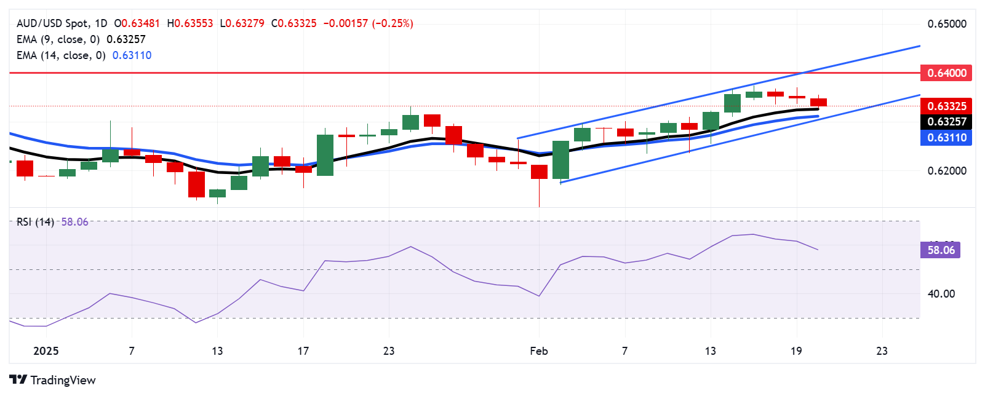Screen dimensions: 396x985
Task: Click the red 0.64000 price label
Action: [946, 73]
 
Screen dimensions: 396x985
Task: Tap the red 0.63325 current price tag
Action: [946, 106]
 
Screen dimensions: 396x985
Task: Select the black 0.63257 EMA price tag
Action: [946, 122]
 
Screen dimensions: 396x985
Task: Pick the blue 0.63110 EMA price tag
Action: [946, 138]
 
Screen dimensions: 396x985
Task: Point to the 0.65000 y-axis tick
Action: [947, 24]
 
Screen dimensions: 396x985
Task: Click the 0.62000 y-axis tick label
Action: [947, 171]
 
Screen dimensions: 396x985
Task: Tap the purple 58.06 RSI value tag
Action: [941, 250]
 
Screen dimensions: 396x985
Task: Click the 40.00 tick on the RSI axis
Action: [941, 294]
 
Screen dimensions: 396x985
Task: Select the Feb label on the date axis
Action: [539, 351]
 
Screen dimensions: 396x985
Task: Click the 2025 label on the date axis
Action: [46, 351]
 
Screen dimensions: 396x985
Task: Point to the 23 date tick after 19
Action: [882, 351]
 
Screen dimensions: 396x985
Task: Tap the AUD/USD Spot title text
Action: [53, 23]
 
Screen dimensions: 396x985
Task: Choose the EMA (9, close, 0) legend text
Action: [58, 39]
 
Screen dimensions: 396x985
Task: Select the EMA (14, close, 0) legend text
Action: [61, 55]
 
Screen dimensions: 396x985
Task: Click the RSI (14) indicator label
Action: [35, 222]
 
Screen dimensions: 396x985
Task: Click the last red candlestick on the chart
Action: [818, 102]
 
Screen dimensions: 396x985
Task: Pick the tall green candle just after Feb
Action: [560, 160]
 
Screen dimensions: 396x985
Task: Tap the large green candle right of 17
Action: [325, 155]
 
